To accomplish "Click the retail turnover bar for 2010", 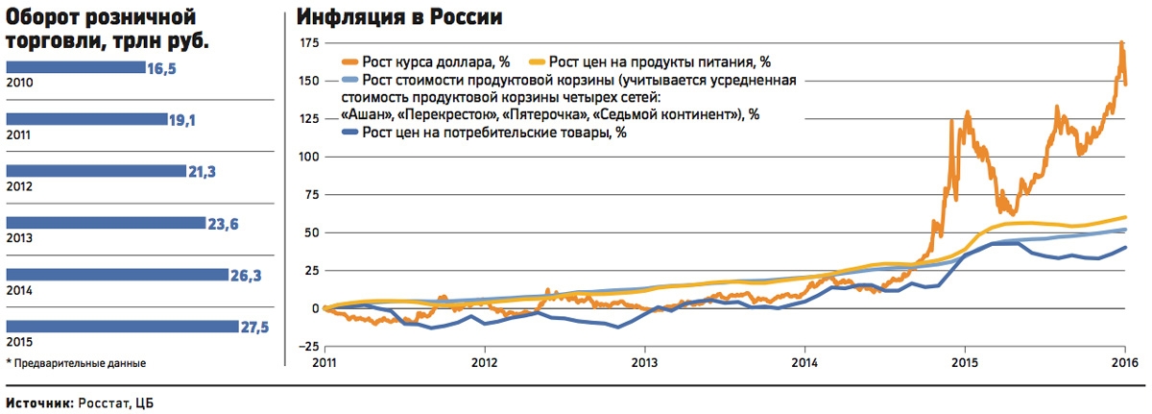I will click(x=76, y=67).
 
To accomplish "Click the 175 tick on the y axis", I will click(x=308, y=43).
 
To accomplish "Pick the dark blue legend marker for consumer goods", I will click(x=351, y=133).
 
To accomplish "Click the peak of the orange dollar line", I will click(x=1121, y=43).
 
